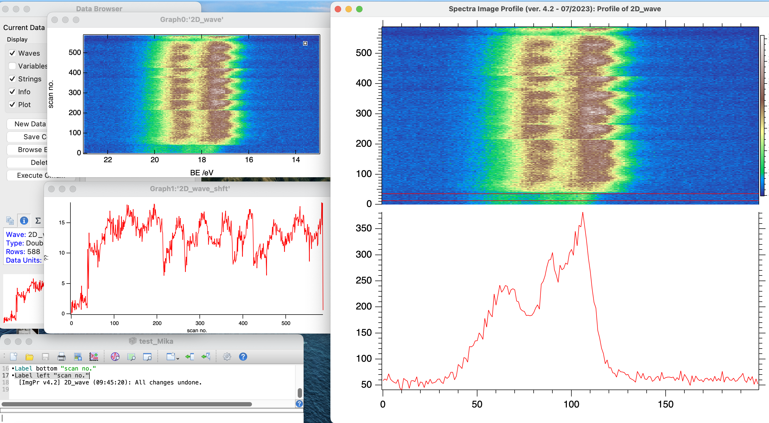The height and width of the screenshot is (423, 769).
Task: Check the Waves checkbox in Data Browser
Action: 12,53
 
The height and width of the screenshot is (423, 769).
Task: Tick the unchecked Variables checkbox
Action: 12,66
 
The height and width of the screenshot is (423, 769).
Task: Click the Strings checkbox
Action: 12,79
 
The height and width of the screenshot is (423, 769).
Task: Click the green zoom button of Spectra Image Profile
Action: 359,9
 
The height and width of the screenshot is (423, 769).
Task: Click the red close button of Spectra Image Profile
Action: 338,9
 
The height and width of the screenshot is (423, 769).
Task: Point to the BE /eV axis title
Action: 202,172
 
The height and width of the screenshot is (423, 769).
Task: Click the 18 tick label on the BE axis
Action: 202,160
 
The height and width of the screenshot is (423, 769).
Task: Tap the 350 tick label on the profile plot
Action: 364,228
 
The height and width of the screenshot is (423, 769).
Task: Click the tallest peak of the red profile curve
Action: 582,213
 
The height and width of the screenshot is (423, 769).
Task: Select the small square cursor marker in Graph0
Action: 305,43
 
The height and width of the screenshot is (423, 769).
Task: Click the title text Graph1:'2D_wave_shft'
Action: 190,189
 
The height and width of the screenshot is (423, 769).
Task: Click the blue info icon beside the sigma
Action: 24,221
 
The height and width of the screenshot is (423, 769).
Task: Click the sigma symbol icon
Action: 38,221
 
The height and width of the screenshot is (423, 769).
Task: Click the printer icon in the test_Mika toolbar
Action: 62,356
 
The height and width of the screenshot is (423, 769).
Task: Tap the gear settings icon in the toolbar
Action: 227,356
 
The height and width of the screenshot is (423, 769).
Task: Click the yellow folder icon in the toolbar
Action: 29,356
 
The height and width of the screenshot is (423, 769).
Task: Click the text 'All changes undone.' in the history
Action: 168,382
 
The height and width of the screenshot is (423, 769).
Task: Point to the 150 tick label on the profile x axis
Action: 665,404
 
